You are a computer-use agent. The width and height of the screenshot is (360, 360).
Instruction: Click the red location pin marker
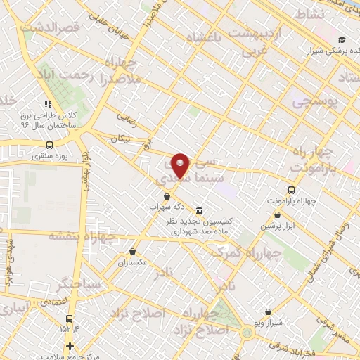181,165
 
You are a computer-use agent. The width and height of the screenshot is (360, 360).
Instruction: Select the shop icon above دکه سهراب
167,196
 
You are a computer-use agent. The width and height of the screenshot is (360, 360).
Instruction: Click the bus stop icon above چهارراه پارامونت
292,189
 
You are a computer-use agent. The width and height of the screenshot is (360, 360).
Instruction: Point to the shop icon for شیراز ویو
268,312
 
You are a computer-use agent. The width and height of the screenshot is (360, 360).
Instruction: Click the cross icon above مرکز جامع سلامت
69,346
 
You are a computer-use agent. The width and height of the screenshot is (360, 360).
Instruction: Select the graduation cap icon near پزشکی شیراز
342,39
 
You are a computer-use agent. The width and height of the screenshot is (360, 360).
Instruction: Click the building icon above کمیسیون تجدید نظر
200,210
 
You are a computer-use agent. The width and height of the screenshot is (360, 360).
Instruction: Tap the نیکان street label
120,139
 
